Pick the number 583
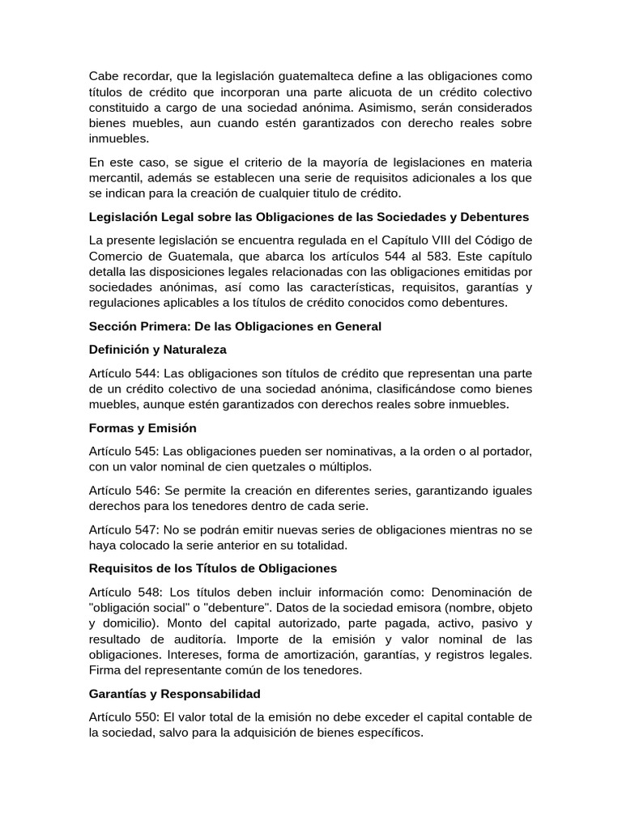[x=411, y=255]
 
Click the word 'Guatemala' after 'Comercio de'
[x=178, y=255]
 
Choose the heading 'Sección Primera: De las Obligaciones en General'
[x=235, y=325]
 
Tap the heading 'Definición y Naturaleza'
[x=158, y=349]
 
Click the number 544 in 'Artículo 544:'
[x=147, y=372]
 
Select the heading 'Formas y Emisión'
[x=143, y=427]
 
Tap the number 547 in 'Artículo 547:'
[x=147, y=529]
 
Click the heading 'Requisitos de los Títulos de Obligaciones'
[x=212, y=568]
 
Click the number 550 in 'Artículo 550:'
[x=147, y=716]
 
